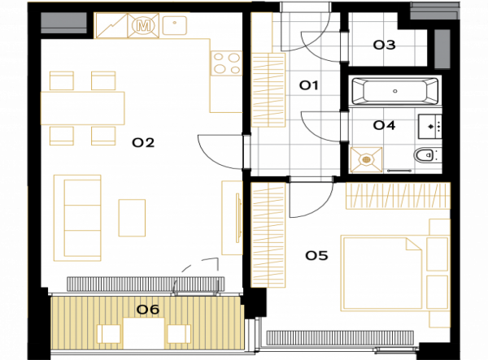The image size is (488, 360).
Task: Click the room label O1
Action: click(309, 85)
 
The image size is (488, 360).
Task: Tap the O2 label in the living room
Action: click(143, 143)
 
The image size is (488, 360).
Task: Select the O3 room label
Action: click(385, 45)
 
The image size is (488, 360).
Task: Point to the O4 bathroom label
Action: click(385, 125)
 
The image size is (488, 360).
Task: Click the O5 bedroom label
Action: click(316, 255)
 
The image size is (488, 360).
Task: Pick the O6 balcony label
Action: click(148, 310)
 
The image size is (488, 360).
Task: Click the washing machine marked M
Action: click(143, 25)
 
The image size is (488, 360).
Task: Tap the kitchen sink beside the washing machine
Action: click(175, 24)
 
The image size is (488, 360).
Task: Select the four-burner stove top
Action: click(227, 63)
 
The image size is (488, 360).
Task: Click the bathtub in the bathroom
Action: click(395, 91)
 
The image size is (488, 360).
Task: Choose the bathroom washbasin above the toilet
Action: click(429, 126)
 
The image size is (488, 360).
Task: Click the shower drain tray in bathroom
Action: click(366, 160)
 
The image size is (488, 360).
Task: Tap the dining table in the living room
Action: click(82, 108)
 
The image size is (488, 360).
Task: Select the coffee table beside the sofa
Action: click(132, 218)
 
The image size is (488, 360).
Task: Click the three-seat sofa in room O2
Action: click(77, 218)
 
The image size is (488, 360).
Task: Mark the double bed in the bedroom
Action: click(382, 273)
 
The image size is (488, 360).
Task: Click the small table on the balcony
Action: click(144, 333)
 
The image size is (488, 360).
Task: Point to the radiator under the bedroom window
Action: click(340, 338)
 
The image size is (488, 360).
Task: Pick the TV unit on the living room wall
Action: click(232, 218)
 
